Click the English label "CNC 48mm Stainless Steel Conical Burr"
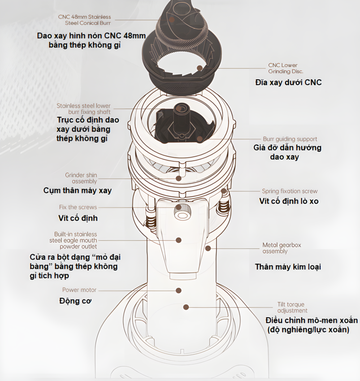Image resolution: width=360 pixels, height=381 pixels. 84,20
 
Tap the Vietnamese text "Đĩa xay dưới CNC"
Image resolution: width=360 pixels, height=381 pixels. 288,82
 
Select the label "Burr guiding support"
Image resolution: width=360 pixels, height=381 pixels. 290,139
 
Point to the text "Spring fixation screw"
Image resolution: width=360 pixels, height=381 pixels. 290,191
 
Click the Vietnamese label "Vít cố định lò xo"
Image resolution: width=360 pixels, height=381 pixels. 289,201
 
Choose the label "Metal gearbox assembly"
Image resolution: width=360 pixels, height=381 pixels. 282,248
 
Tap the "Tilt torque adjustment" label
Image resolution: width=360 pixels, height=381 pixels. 292,307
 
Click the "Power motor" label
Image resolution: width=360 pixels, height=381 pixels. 79,290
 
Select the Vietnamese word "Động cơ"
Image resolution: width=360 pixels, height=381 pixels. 75,301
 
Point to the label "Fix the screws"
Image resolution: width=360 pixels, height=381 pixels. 78,207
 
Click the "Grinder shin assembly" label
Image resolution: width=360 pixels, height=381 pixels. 81,178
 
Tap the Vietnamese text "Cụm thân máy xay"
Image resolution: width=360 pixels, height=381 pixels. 77,190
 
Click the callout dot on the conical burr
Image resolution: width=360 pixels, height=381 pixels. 172,20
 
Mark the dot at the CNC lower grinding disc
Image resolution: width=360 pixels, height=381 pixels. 200,68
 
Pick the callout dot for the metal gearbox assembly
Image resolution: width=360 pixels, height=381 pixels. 208,248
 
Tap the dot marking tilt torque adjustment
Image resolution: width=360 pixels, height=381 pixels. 186,307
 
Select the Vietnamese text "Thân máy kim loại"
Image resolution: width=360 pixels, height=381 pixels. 288,267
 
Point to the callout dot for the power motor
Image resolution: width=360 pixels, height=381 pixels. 179,290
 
